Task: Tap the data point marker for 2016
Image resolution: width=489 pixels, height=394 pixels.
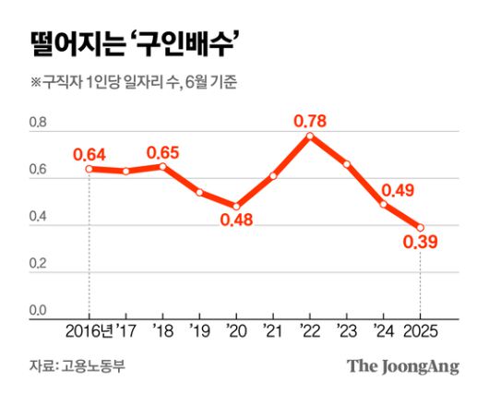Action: click(x=89, y=168)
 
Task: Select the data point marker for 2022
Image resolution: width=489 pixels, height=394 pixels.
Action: click(x=310, y=136)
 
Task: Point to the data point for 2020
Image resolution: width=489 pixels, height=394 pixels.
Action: click(x=236, y=207)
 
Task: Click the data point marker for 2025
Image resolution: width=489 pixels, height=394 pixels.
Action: click(x=421, y=227)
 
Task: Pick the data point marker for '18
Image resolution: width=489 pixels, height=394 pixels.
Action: click(x=162, y=166)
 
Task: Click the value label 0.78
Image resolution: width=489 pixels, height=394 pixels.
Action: click(x=310, y=119)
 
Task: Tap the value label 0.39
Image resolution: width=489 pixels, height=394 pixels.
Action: click(x=420, y=244)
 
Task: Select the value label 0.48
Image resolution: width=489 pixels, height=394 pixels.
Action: click(x=236, y=222)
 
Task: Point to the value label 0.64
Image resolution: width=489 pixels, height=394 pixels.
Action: click(x=89, y=151)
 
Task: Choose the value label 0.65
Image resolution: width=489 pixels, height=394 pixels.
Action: click(x=163, y=149)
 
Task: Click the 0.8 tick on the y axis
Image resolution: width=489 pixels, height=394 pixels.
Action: click(x=38, y=123)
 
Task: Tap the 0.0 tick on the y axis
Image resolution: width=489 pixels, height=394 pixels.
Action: click(x=38, y=311)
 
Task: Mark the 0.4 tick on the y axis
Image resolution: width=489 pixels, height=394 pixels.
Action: click(x=38, y=217)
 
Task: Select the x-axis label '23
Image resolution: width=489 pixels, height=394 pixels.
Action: click(x=347, y=331)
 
